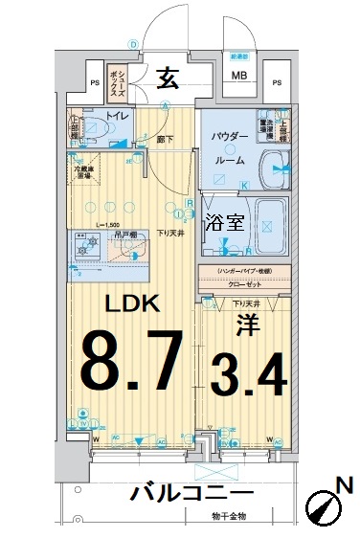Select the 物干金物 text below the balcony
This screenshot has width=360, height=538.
pos(229,516)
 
